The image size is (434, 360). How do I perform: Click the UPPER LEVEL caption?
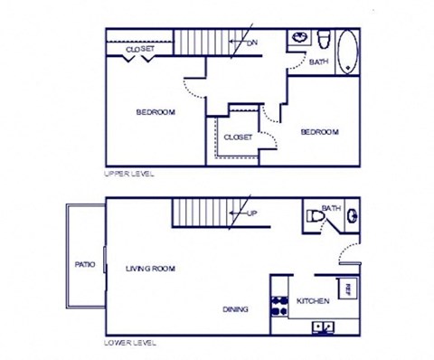tap(130, 173)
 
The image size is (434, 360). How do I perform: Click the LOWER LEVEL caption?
tap(130, 343)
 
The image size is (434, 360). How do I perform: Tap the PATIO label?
tap(84, 265)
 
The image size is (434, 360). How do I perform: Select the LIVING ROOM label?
tap(150, 269)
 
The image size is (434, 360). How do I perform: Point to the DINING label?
tap(235, 309)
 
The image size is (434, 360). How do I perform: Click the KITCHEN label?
tap(313, 300)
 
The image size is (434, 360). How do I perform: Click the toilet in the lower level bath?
tap(313, 218)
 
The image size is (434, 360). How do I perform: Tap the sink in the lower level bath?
tap(352, 217)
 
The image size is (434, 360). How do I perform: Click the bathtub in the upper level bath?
tap(347, 52)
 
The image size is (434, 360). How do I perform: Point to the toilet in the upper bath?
tap(322, 39)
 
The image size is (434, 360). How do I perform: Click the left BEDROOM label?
tap(156, 113)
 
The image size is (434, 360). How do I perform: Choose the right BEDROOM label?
tap(318, 132)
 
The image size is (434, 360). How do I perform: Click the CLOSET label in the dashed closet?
tap(237, 137)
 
